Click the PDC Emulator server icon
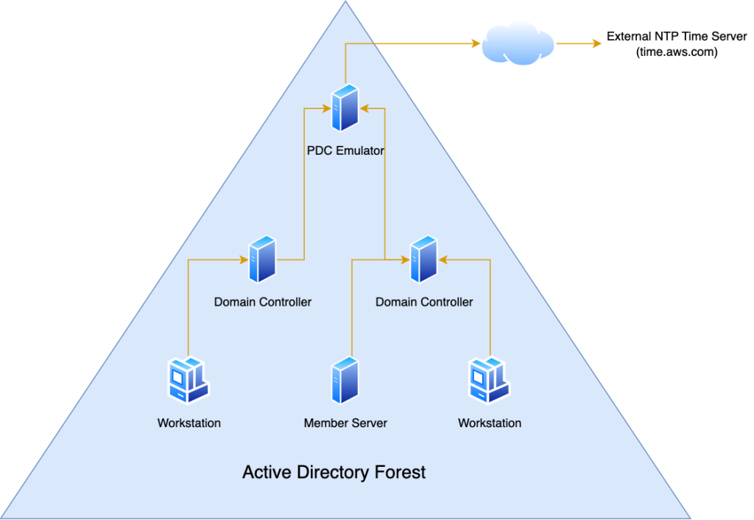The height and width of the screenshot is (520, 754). pyautogui.click(x=345, y=109)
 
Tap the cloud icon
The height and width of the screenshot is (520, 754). pyautogui.click(x=518, y=43)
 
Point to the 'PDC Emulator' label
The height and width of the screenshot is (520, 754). pyautogui.click(x=345, y=151)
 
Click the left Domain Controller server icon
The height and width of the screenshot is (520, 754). pyautogui.click(x=262, y=259)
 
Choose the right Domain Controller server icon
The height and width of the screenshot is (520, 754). pyautogui.click(x=423, y=259)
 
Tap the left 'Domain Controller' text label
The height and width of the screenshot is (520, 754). pyautogui.click(x=263, y=302)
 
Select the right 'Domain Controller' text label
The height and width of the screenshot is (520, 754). pyautogui.click(x=424, y=302)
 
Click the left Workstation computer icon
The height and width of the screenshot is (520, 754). pyautogui.click(x=187, y=380)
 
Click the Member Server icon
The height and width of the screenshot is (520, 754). pyautogui.click(x=345, y=380)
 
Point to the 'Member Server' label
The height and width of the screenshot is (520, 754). pyautogui.click(x=345, y=424)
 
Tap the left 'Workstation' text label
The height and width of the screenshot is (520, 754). pyautogui.click(x=188, y=424)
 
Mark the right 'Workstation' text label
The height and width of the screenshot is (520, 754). pyautogui.click(x=490, y=424)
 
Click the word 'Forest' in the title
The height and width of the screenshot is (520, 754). pyautogui.click(x=398, y=472)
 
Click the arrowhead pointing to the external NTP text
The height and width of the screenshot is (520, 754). pyautogui.click(x=596, y=43)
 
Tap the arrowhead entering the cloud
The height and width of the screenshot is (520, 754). pyautogui.click(x=476, y=43)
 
